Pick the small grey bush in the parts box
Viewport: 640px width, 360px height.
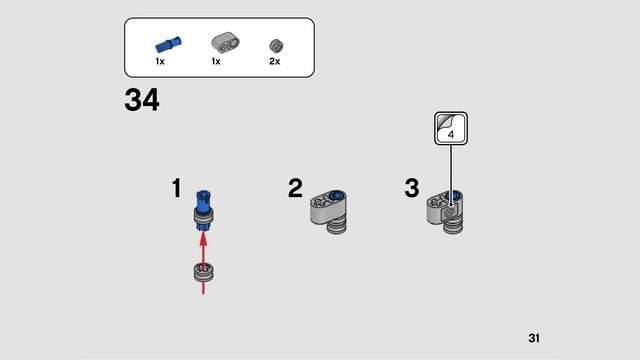pyautogui.click(x=275, y=45)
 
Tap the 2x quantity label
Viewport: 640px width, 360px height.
pyautogui.click(x=275, y=62)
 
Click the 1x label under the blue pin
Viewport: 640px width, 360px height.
pyautogui.click(x=160, y=62)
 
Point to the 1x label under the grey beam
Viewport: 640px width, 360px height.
pyautogui.click(x=216, y=62)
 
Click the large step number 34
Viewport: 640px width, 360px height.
pyautogui.click(x=142, y=101)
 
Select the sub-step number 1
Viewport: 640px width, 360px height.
pyautogui.click(x=176, y=188)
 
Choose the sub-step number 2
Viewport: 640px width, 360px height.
pyautogui.click(x=295, y=188)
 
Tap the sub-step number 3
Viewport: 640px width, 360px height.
pyautogui.click(x=411, y=188)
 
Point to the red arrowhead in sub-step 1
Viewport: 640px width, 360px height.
pyautogui.click(x=203, y=238)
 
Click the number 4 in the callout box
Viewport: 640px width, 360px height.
pyautogui.click(x=451, y=132)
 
